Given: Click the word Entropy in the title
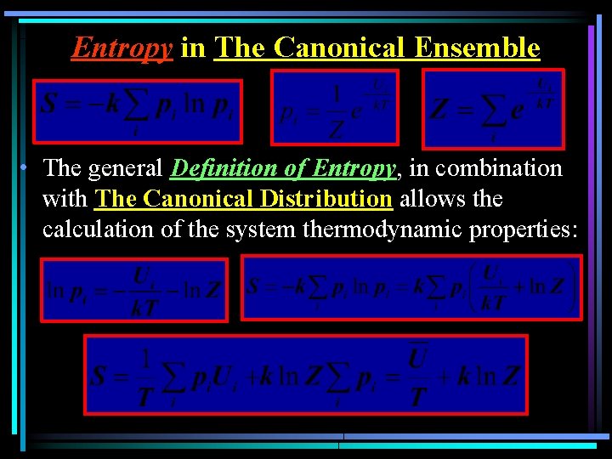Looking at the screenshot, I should click(122, 48).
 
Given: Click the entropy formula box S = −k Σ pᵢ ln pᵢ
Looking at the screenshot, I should click(137, 110).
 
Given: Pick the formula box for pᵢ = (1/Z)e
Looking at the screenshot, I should click(334, 106).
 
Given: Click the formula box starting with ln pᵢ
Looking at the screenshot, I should click(134, 290).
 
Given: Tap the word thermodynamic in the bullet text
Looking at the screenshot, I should click(398, 229).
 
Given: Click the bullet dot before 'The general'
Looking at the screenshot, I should click(28, 167).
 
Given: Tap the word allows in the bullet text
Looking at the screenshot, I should click(429, 199).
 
